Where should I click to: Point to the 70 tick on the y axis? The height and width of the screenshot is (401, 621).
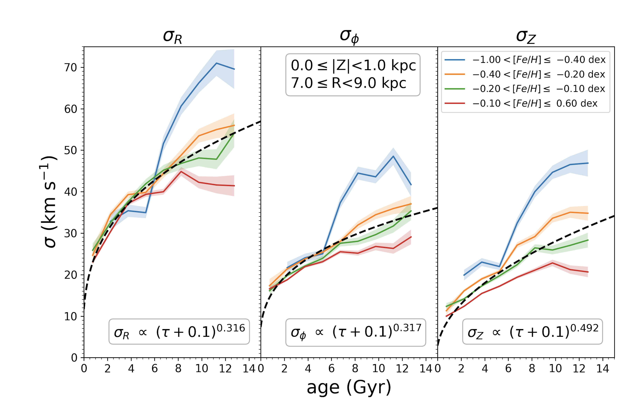coord(71,68)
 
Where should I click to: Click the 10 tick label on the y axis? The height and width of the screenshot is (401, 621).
coord(71,316)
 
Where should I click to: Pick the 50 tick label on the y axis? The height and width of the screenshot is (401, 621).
coord(71,151)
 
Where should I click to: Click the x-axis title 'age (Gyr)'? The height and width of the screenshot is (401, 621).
coord(349,388)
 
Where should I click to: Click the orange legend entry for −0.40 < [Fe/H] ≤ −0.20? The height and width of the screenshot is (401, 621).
coord(525,74)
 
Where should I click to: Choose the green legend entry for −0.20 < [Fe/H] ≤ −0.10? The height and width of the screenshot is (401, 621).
coord(525,89)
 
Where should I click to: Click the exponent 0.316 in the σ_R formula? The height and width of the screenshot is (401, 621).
coord(231,328)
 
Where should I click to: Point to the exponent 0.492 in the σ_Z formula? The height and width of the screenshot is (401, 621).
coord(584,328)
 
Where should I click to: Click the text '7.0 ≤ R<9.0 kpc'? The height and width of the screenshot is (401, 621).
coord(349,83)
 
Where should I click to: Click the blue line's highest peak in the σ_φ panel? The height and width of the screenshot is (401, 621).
coord(393,156)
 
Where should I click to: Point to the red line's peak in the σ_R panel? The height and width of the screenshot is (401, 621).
coord(181,171)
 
